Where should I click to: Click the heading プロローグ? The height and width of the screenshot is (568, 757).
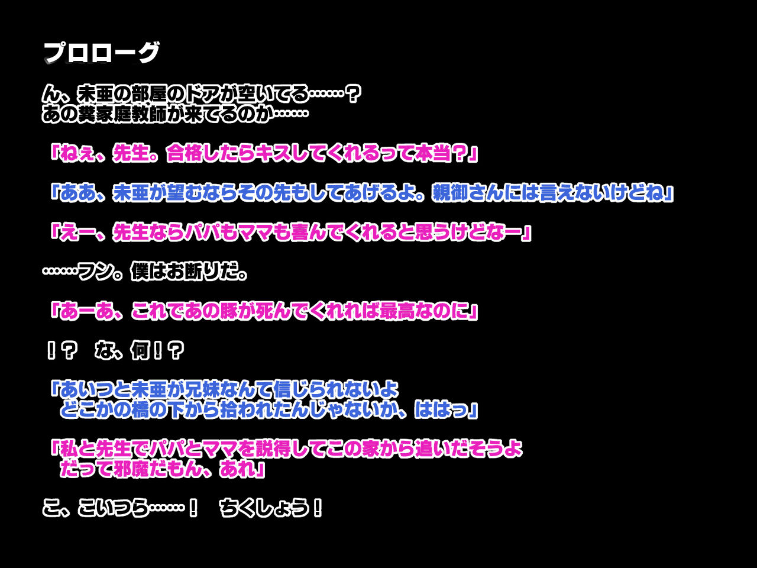[x=102, y=53]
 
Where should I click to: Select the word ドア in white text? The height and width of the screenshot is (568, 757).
[x=202, y=94]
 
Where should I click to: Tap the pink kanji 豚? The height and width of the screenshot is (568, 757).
[x=229, y=311]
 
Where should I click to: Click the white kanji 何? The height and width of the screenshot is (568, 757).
[x=140, y=351]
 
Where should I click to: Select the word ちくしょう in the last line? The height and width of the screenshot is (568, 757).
[x=264, y=508]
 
